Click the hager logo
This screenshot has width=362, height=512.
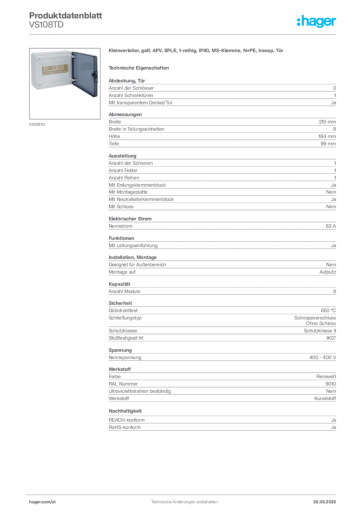click(x=316, y=21)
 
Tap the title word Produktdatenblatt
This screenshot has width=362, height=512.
click(x=65, y=15)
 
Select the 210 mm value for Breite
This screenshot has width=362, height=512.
click(x=327, y=122)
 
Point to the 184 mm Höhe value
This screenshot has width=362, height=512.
click(x=327, y=136)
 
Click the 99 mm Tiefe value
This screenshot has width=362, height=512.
click(x=328, y=143)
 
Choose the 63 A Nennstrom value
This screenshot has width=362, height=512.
click(x=330, y=226)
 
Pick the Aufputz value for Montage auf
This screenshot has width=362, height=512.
click(x=327, y=272)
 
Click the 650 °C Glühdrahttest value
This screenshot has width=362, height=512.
click(x=328, y=310)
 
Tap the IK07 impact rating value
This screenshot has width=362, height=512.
click(x=331, y=338)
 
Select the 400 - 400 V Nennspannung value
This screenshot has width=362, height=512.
click(x=322, y=357)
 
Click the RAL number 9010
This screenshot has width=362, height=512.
click(x=330, y=384)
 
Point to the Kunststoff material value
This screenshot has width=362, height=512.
click(x=325, y=398)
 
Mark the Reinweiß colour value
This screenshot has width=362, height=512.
click(x=326, y=376)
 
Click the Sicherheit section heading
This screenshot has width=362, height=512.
click(x=120, y=303)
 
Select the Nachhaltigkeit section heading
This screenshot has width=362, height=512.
click(x=125, y=411)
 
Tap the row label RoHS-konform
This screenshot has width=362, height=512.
click(x=124, y=427)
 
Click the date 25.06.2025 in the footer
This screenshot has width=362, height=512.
click(x=324, y=502)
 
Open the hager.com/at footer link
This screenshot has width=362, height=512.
click(x=42, y=502)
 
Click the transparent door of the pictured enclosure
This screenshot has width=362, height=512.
click(x=85, y=74)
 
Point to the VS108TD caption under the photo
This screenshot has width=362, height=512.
click(x=37, y=124)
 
